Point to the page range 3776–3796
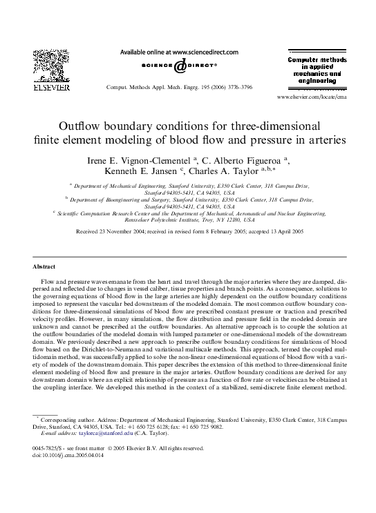235,88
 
